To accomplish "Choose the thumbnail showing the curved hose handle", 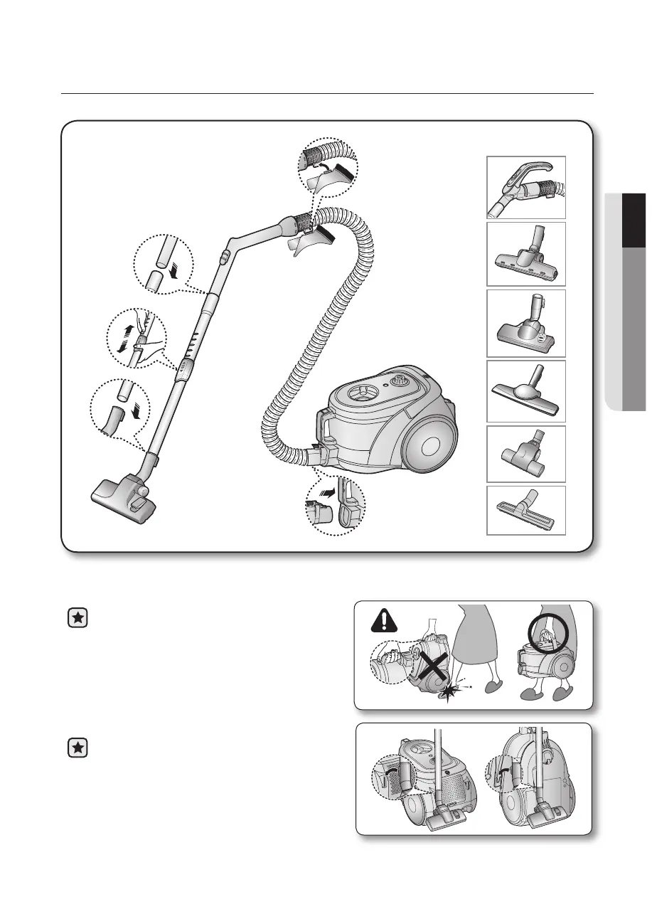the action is (525, 187).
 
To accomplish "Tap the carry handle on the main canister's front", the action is (320, 430).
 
